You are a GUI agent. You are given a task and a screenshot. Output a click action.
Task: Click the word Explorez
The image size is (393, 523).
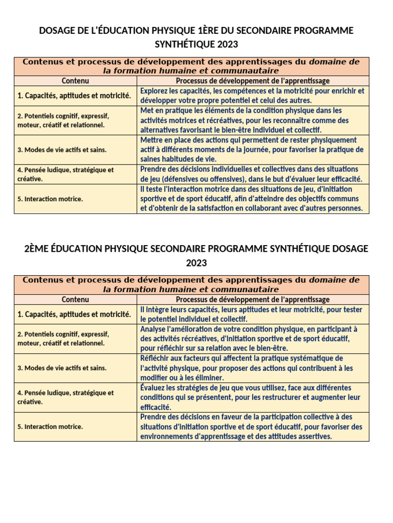(x=155, y=91)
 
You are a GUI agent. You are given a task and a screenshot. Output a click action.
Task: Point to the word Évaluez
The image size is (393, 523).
(x=154, y=388)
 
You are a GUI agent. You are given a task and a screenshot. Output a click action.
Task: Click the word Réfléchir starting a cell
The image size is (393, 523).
(x=156, y=358)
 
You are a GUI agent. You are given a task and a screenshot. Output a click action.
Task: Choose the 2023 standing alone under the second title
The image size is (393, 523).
(x=196, y=263)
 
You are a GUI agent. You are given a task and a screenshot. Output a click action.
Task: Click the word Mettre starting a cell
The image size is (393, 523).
(x=152, y=140)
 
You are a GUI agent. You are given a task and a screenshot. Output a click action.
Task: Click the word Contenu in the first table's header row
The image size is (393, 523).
(x=75, y=81)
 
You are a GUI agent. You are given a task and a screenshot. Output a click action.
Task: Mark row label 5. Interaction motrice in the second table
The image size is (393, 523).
(x=50, y=426)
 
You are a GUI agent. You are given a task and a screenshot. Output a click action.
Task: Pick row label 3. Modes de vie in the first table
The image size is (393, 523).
(x=62, y=150)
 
